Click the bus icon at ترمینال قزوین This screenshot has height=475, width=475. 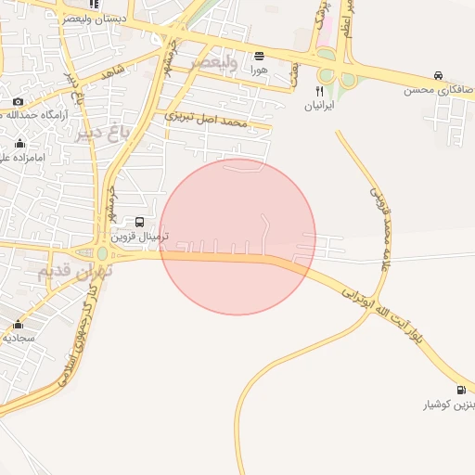point(139,223)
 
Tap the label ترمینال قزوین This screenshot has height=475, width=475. point(136,237)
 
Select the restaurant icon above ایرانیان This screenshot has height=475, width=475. point(320,91)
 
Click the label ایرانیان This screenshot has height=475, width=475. point(319,106)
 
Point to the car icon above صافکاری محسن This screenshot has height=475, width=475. point(437,76)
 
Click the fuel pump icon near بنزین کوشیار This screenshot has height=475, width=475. point(461,390)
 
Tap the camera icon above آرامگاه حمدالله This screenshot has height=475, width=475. point(18,101)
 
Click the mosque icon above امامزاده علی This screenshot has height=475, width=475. point(20,143)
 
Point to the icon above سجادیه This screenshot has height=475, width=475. point(19,324)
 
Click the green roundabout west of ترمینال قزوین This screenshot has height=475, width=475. point(102,253)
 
